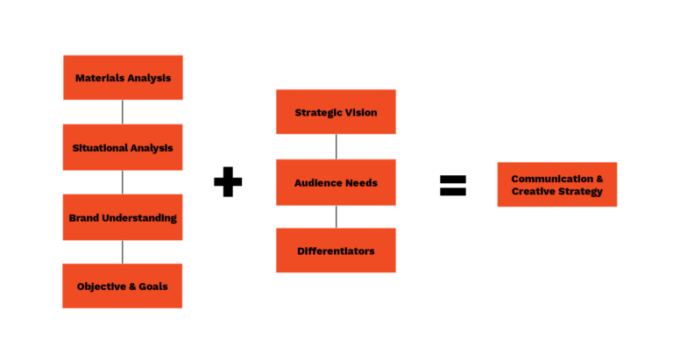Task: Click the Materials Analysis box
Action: (123, 78)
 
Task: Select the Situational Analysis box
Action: (123, 147)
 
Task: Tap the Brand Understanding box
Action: (123, 217)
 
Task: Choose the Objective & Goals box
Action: (123, 286)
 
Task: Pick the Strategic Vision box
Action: (336, 112)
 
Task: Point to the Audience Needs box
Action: (336, 182)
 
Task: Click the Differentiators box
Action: (336, 251)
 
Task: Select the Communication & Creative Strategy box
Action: (556, 184)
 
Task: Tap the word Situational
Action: (99, 148)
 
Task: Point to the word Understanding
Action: (139, 218)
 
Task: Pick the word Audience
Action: (317, 183)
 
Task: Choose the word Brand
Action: (83, 218)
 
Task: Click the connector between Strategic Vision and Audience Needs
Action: (336, 146)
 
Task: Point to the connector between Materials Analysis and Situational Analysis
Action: (123, 112)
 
